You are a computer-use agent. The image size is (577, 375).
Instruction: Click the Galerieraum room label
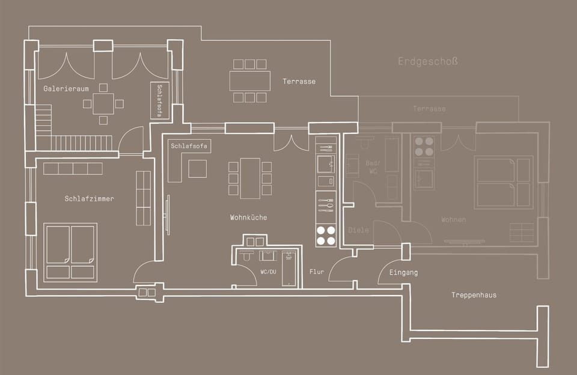pos(66,89)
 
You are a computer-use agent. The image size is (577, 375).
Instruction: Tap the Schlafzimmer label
pos(89,199)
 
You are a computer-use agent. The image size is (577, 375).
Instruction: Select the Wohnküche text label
pos(248,218)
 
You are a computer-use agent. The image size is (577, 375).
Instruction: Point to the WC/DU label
pos(268,272)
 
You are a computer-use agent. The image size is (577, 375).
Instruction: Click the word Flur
pos(317,272)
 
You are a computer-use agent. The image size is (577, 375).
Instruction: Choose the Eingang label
pos(403,273)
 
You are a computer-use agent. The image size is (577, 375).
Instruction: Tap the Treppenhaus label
pos(474,295)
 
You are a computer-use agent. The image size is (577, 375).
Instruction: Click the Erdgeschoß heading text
pos(428,61)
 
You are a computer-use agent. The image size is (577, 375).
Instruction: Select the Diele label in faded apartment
pos(358,230)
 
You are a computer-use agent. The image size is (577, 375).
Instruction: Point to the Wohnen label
pos(453,220)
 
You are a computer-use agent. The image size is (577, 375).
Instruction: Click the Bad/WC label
pos(373,168)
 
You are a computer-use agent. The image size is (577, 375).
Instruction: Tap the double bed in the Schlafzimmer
pos(70,252)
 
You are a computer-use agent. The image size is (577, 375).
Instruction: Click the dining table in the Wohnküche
pos(250,178)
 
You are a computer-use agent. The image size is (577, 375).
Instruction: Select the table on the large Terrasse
pos(249,81)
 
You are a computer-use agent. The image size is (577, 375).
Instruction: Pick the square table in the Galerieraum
pos(103,103)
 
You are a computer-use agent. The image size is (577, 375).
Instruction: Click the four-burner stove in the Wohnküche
pos(326,235)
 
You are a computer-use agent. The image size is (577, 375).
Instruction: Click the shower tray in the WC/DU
pos(289,269)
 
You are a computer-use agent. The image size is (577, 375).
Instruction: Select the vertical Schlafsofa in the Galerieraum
pos(160,100)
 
